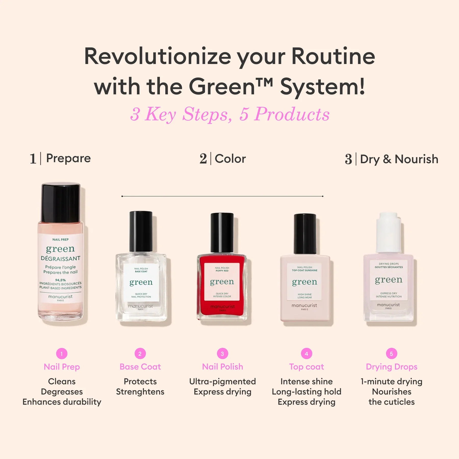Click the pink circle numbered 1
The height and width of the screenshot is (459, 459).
[62, 354]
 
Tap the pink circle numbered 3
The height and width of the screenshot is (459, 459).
[222, 354]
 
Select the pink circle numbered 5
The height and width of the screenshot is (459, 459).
[391, 354]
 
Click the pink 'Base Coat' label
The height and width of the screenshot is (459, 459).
[140, 367]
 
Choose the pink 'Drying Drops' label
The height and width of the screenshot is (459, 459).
[391, 367]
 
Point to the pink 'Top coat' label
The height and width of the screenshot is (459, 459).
[307, 367]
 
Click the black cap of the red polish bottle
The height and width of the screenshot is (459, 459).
[222, 232]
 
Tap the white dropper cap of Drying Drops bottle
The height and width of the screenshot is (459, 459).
[388, 232]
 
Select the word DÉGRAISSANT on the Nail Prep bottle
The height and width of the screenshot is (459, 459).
[61, 259]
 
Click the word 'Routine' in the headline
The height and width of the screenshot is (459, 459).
[333, 57]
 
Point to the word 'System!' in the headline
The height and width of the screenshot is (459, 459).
[323, 87]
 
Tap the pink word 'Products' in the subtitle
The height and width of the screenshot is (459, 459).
[292, 114]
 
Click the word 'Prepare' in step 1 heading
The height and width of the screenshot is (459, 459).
[68, 158]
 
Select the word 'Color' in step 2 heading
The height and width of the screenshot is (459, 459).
[230, 159]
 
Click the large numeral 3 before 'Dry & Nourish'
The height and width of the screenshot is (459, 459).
[348, 159]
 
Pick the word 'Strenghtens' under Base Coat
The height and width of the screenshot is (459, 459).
[140, 392]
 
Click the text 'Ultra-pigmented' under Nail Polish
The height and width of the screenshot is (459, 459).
[222, 381]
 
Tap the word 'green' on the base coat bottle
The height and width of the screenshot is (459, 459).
[141, 282]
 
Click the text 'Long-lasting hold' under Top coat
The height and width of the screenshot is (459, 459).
[307, 392]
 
